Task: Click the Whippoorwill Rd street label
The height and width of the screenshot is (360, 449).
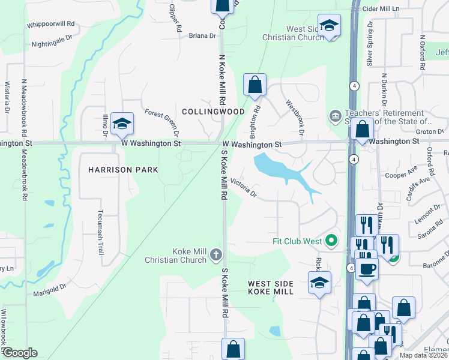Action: pyautogui.click(x=50, y=25)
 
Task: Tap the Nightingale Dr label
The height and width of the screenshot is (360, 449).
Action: pyautogui.click(x=51, y=44)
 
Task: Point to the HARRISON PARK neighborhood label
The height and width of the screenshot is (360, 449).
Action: pyautogui.click(x=123, y=170)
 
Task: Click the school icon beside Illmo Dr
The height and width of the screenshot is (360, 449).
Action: pyautogui.click(x=122, y=124)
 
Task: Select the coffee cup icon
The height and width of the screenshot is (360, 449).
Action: pyautogui.click(x=366, y=268)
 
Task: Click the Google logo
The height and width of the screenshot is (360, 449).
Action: pyautogui.click(x=19, y=353)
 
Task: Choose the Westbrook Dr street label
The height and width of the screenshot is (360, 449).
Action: pyautogui.click(x=295, y=116)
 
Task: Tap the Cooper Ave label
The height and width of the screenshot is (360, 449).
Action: pyautogui.click(x=401, y=175)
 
